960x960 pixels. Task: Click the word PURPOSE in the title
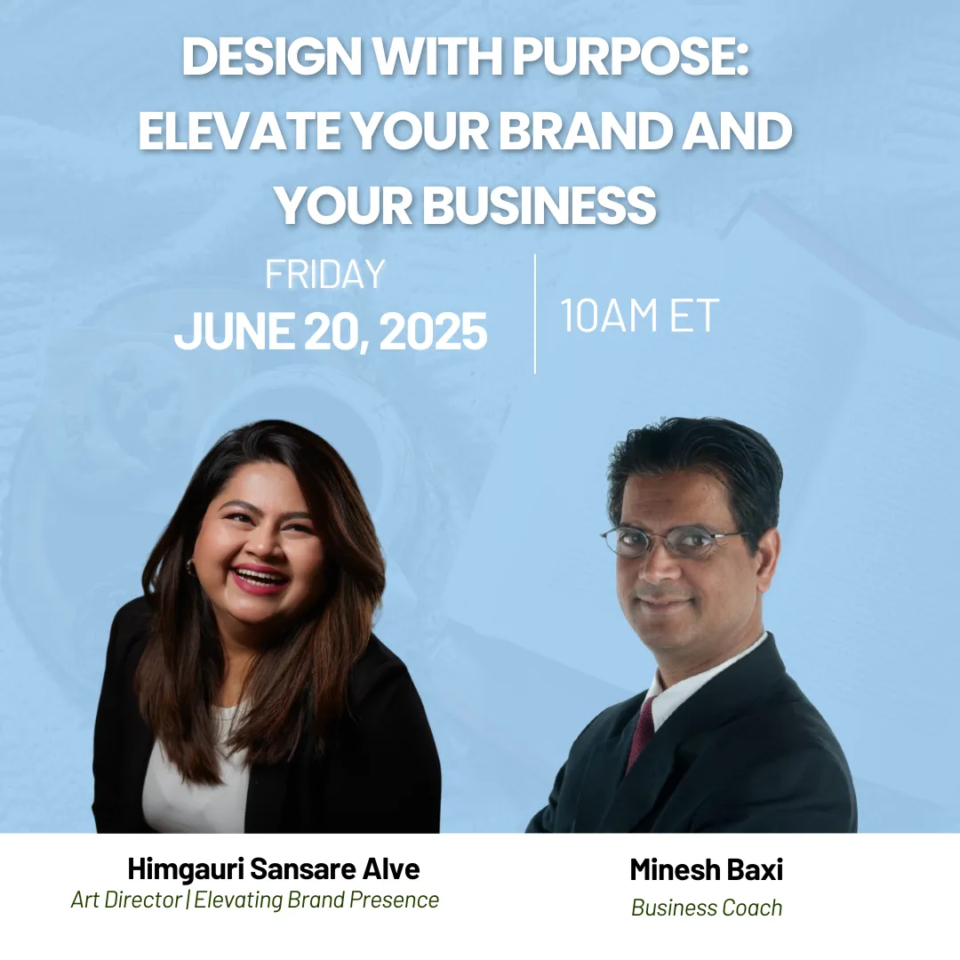point(630,56)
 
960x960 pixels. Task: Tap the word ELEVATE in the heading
point(241,131)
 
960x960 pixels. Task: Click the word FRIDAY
point(324,274)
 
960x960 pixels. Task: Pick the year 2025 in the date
point(434,332)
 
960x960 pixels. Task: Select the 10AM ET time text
point(639,316)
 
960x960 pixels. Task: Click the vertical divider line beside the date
point(535,314)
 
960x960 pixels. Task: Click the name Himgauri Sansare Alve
point(274,868)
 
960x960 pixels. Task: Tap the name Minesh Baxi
point(706,869)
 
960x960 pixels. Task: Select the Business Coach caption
point(707,908)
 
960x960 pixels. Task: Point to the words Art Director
point(127,900)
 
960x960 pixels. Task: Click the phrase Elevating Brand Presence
point(316,900)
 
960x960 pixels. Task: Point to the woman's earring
point(191,566)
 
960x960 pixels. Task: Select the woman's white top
point(196,772)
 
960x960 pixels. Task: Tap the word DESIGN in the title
point(272,56)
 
